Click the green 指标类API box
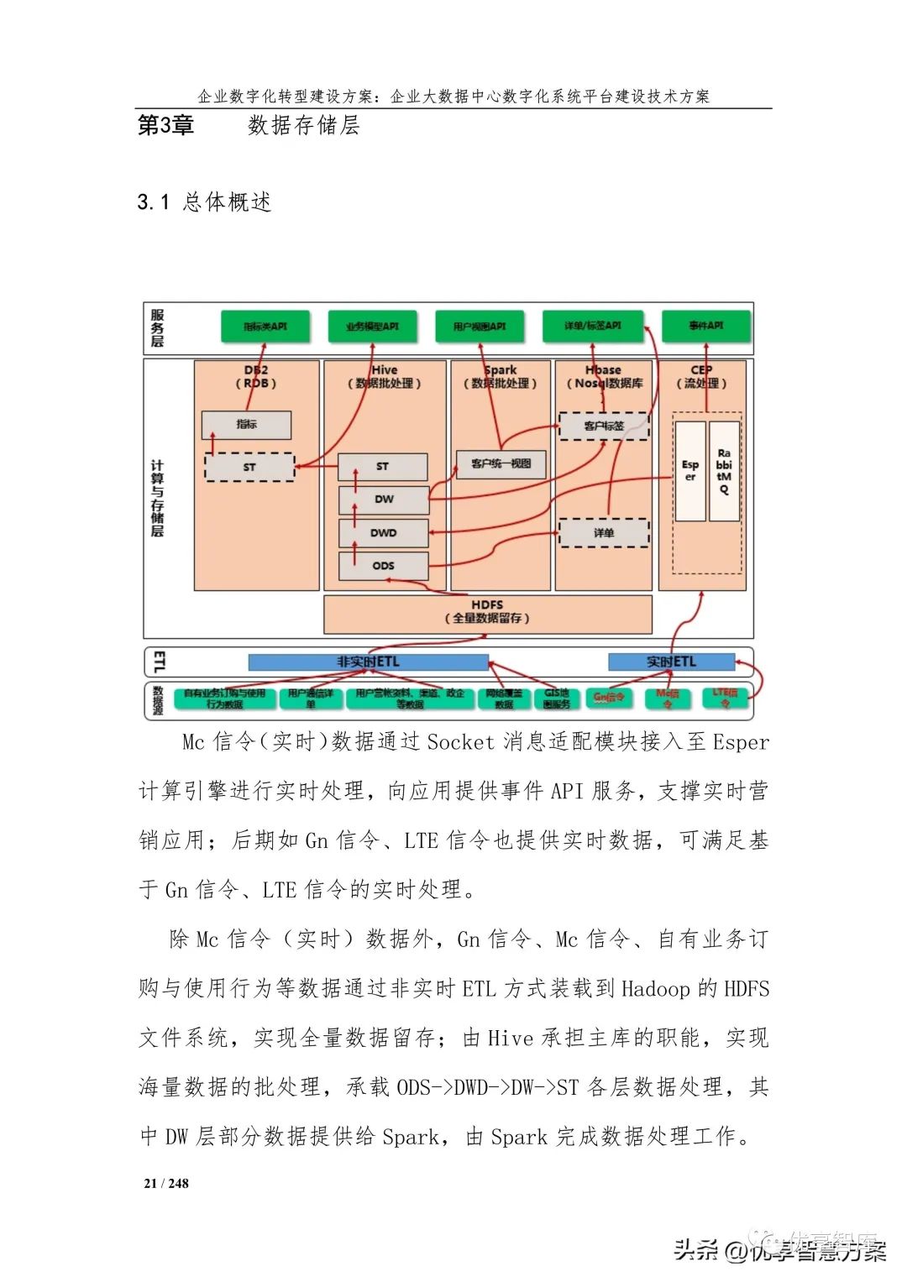click(265, 327)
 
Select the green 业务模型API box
click(372, 327)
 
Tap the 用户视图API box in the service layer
click(480, 327)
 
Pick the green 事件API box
click(705, 326)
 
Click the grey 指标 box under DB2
click(246, 425)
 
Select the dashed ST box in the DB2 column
click(249, 468)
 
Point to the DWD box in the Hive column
click(383, 533)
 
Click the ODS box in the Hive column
click(383, 566)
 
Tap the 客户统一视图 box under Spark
click(501, 463)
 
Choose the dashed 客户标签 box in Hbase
click(604, 426)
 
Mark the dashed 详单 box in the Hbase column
click(604, 533)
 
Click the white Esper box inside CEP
click(690, 471)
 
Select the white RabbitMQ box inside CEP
click(724, 471)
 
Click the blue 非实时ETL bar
click(368, 662)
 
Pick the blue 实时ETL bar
click(671, 662)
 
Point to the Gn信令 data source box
click(609, 698)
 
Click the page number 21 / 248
click(166, 1184)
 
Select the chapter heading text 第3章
click(165, 126)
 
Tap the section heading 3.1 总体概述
click(204, 202)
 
